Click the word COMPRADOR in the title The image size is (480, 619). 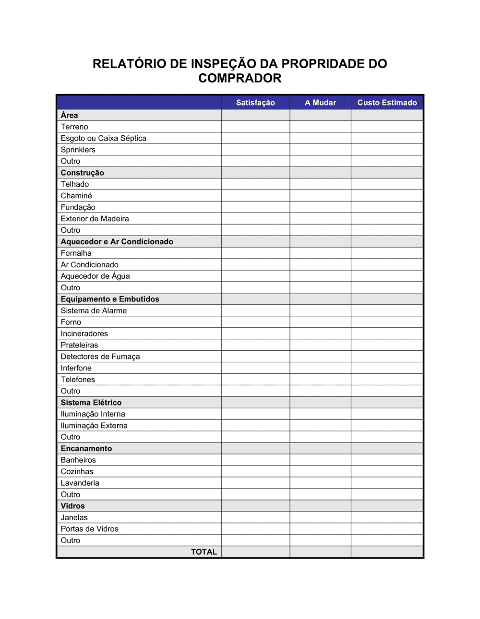pos(240,78)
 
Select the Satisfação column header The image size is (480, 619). pos(255,103)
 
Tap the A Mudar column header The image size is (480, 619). pos(320,103)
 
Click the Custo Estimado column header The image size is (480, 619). pos(387,103)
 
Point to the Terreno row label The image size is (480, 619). pos(74,127)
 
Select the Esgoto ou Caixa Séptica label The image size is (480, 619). pos(103,138)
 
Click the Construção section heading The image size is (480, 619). pos(82,173)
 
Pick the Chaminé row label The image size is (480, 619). pos(76,196)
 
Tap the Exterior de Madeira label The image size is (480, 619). pos(95,219)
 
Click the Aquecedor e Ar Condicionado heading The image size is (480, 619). pos(117,242)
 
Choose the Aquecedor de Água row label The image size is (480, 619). pos(95,276)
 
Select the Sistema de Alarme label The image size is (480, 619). pos(94,311)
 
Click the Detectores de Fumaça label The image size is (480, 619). pos(100,357)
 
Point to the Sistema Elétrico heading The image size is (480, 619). pos(91,403)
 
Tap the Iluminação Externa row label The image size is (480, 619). pos(94,426)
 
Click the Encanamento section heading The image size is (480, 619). pos(86,449)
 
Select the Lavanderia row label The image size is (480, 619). pos(80,483)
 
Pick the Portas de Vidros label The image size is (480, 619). pos(89,529)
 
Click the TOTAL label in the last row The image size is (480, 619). pos(204,552)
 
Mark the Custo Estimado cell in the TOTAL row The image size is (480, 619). pos(387,552)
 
